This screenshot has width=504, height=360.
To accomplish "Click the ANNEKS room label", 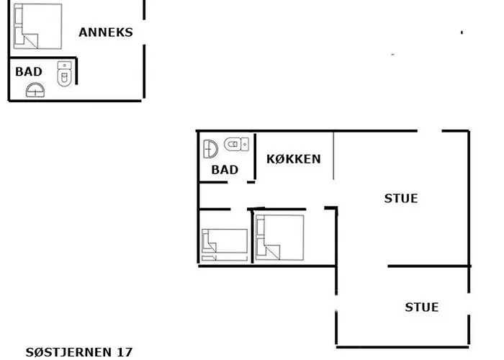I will (105, 32).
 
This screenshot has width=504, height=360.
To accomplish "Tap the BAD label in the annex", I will (29, 71).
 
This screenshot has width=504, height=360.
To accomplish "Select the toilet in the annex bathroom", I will (65, 73).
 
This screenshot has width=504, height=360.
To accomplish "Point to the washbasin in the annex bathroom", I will (35, 90).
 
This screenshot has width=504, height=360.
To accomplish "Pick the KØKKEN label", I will (294, 159).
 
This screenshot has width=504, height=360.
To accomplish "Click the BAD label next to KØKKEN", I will (225, 170).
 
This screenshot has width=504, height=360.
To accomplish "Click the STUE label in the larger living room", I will (401, 198).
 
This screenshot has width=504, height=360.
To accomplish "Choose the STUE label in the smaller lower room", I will (422, 307).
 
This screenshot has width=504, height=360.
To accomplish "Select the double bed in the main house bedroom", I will (280, 238).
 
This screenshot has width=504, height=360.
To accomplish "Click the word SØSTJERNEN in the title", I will (68, 352).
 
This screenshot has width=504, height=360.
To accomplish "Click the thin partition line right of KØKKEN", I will (333, 156).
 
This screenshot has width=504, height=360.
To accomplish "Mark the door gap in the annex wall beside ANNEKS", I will (144, 32).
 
